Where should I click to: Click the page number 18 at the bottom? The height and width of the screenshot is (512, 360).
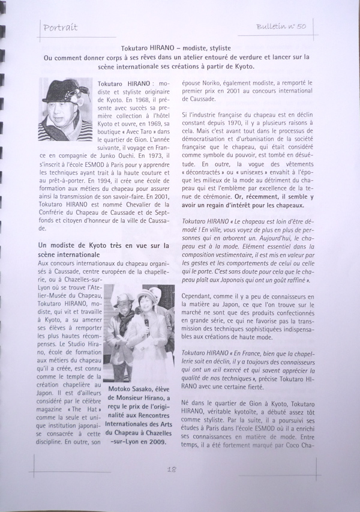pyautogui.click(x=172, y=469)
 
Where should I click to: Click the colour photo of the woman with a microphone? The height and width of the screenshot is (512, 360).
pyautogui.click(x=140, y=333)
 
